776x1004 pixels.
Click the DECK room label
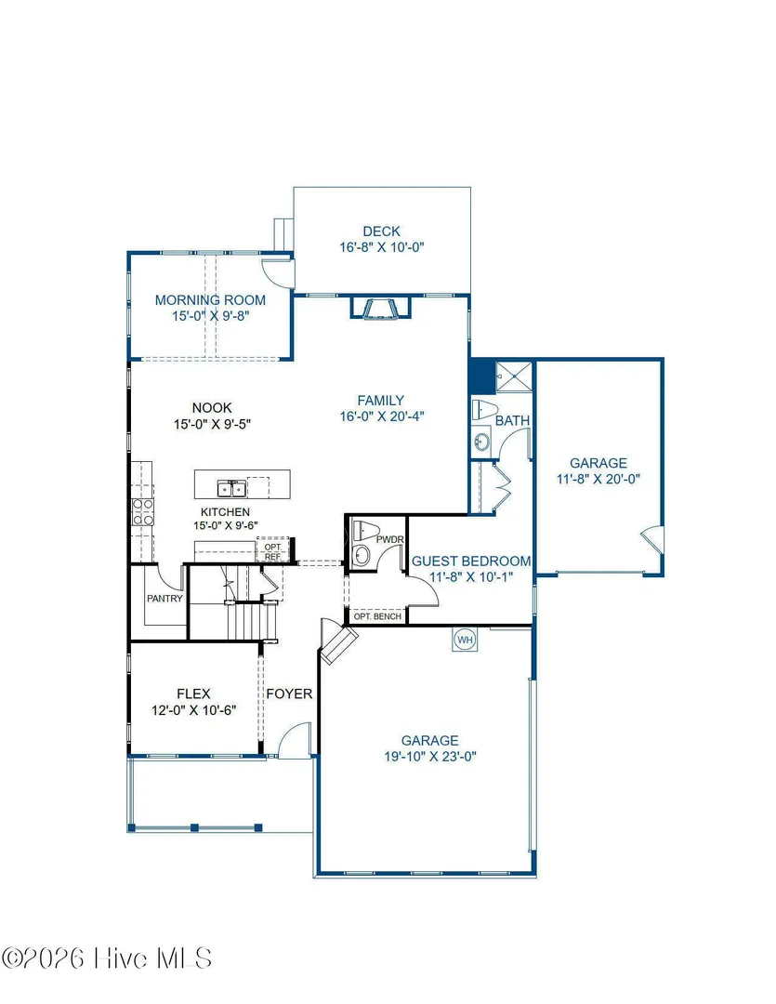[x=382, y=231]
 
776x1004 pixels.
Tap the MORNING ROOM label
[x=210, y=299]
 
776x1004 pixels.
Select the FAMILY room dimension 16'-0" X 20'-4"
[x=382, y=416]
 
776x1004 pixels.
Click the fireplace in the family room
[x=380, y=308]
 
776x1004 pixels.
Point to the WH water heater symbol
[x=465, y=640]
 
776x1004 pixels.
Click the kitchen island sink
[x=231, y=489]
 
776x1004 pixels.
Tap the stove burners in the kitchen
[x=143, y=512]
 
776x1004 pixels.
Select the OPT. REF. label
[x=273, y=552]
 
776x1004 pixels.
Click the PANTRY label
[x=164, y=599]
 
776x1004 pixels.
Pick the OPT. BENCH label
[x=377, y=616]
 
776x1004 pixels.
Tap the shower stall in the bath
[x=514, y=376]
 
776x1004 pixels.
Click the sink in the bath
[x=481, y=442]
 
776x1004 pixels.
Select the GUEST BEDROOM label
[x=471, y=561]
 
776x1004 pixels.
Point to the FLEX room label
[x=193, y=694]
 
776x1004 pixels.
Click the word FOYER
[x=289, y=694]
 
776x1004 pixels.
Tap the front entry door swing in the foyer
[x=296, y=740]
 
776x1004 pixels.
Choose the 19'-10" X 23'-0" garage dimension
[x=430, y=756]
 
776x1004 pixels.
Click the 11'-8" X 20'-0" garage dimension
[x=598, y=479]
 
